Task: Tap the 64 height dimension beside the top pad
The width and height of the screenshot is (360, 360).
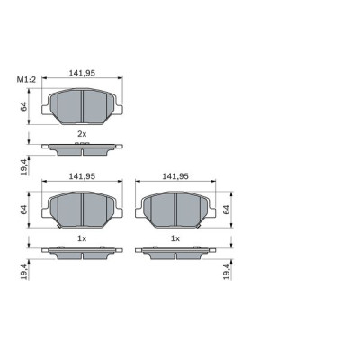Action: point(24,107)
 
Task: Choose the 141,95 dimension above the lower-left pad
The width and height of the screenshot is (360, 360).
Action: point(82,176)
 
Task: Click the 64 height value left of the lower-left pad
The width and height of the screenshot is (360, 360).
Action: point(24,210)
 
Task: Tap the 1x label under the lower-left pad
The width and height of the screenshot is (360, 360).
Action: point(81,238)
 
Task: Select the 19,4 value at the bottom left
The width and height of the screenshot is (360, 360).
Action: point(24,269)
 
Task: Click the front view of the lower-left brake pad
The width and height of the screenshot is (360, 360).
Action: point(82,209)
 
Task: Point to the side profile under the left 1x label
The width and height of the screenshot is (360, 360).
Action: point(82,252)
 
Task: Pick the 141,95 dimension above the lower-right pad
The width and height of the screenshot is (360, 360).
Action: point(175,176)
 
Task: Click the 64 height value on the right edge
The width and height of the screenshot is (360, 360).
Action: point(227,210)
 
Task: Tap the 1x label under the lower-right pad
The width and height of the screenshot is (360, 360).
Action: point(175,238)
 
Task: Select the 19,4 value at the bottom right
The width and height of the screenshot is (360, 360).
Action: point(227,269)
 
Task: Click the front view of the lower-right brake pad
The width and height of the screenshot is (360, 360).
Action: point(175,209)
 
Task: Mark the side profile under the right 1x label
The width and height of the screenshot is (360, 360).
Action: point(175,252)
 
